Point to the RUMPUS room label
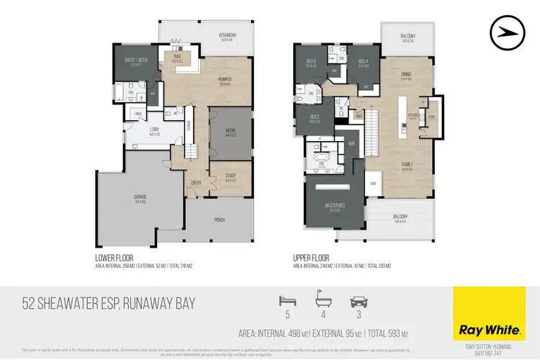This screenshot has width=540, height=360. tap(229, 80)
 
